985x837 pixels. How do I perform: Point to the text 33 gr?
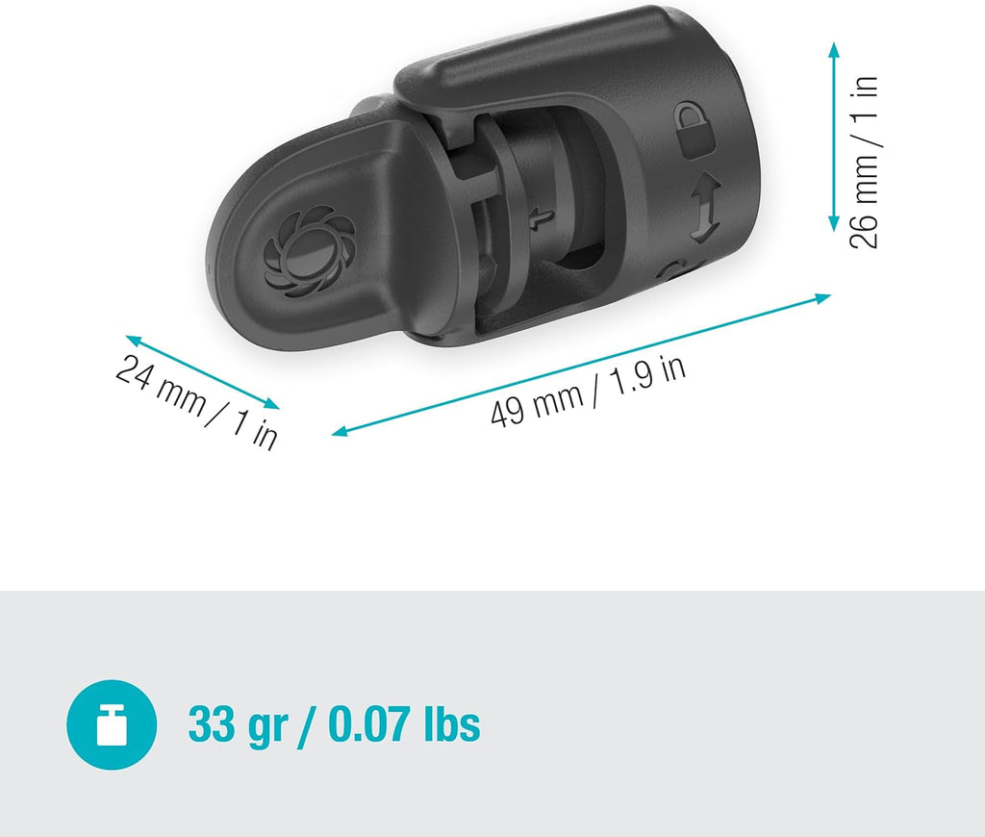coord(237,724)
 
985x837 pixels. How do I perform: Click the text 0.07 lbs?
coord(404,724)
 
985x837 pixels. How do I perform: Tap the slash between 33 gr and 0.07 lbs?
coord(308,724)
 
